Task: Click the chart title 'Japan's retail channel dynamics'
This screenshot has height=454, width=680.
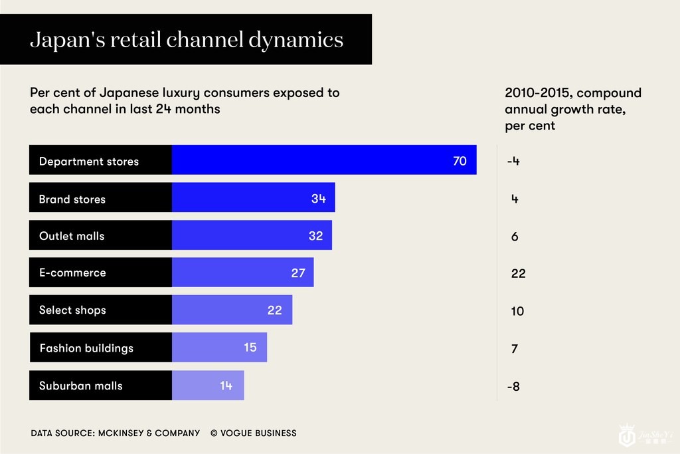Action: pyautogui.click(x=187, y=40)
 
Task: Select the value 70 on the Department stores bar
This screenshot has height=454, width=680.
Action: pyautogui.click(x=460, y=161)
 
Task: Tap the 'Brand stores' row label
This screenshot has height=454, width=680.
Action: pyautogui.click(x=72, y=199)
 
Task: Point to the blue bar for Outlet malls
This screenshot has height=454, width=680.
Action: pyautogui.click(x=252, y=235)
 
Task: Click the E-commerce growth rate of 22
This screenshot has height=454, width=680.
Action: pyautogui.click(x=519, y=273)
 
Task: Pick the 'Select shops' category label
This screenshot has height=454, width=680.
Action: pyautogui.click(x=72, y=310)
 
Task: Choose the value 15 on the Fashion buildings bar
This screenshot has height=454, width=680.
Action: pyautogui.click(x=250, y=347)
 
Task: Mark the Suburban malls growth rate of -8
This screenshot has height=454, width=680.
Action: pyautogui.click(x=513, y=386)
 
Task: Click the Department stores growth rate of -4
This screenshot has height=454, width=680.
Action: pyautogui.click(x=513, y=161)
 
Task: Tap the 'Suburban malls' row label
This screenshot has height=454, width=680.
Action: pyautogui.click(x=81, y=386)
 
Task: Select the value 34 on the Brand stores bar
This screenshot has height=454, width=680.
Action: pyautogui.click(x=319, y=198)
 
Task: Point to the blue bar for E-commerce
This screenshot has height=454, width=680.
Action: pyautogui.click(x=242, y=273)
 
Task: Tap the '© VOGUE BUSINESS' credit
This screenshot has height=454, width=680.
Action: pyautogui.click(x=254, y=433)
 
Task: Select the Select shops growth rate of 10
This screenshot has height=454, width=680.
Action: pyautogui.click(x=517, y=311)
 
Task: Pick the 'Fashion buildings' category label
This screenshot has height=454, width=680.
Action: pyautogui.click(x=86, y=348)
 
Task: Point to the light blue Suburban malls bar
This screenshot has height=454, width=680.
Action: pyautogui.click(x=208, y=386)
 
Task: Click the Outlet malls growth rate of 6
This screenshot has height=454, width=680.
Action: pyautogui.click(x=515, y=236)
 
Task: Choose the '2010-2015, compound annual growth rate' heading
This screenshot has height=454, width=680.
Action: pyautogui.click(x=572, y=109)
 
